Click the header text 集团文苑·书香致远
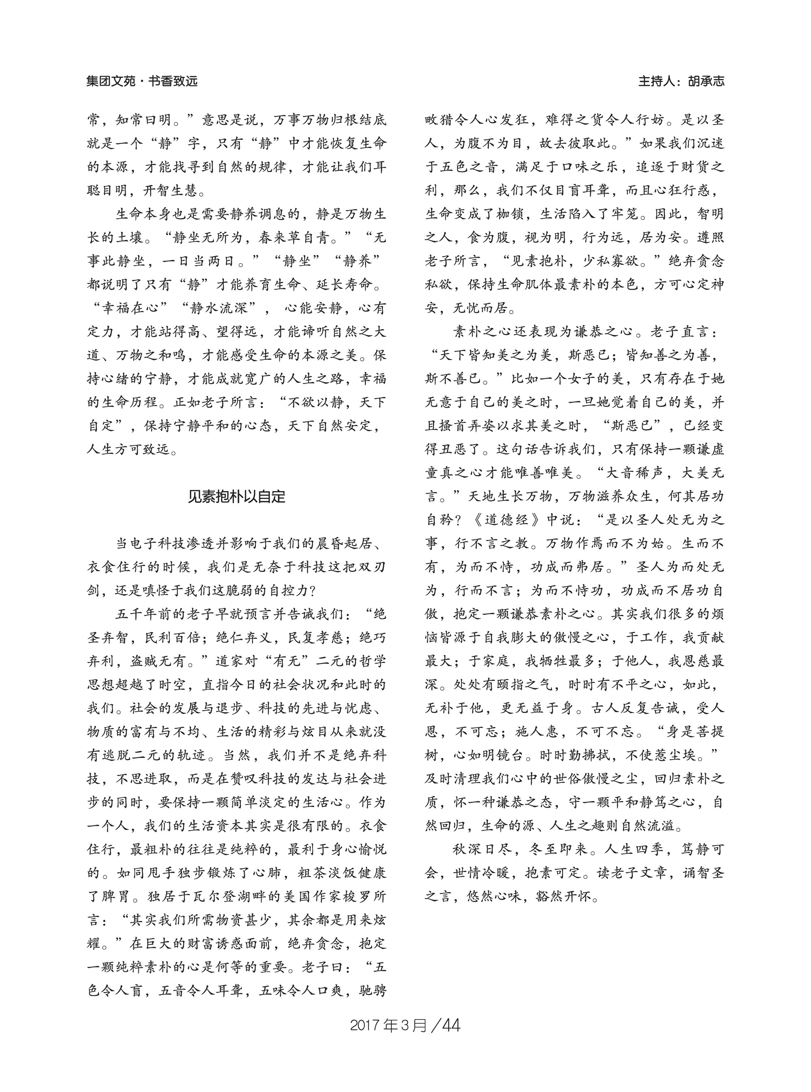142,81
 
